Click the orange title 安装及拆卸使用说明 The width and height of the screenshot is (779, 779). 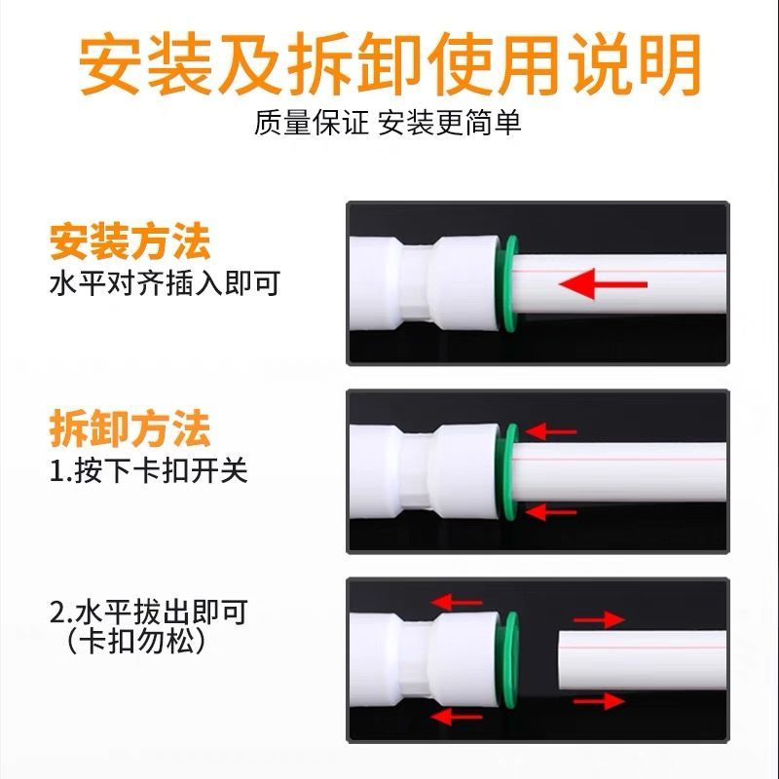click(390, 64)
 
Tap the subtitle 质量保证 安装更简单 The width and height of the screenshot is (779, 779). click(388, 123)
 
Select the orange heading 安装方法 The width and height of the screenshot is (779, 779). click(130, 242)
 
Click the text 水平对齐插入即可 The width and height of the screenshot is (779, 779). click(165, 283)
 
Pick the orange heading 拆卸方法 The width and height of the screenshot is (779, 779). click(130, 429)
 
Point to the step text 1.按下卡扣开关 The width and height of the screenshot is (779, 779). click(149, 469)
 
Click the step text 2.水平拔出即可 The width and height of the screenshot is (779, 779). click(149, 612)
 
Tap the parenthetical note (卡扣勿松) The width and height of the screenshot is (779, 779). click(135, 641)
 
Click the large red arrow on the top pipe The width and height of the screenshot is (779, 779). click(603, 284)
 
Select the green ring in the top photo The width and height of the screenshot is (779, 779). click(508, 283)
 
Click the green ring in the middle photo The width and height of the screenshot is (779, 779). click(509, 471)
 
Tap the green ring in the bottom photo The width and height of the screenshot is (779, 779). click(509, 660)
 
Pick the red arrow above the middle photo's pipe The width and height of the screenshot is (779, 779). click(550, 431)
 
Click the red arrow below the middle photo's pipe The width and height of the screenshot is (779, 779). click(550, 512)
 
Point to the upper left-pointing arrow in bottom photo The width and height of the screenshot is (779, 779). click(457, 603)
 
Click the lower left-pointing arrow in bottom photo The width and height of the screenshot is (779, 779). click(457, 717)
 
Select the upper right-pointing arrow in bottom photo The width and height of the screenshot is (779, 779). click(599, 619)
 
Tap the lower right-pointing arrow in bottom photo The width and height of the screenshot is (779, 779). click(599, 701)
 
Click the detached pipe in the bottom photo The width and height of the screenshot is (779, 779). click(643, 660)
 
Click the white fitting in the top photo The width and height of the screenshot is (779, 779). click(425, 283)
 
